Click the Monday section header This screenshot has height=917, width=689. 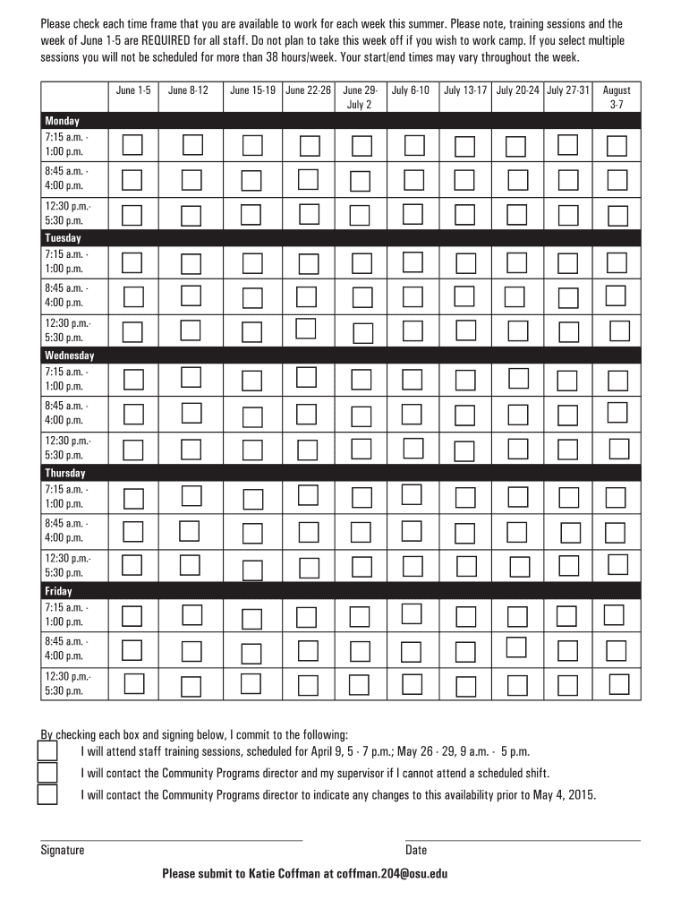63,121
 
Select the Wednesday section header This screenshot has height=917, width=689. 69,356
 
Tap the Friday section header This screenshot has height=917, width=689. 59,591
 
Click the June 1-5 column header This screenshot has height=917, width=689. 133,90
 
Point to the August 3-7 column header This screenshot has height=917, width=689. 617,97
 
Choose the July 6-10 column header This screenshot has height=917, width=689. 411,90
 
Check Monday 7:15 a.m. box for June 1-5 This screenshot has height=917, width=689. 132,144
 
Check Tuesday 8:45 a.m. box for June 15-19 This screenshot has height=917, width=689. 251,296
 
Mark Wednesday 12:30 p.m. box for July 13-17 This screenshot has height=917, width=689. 465,449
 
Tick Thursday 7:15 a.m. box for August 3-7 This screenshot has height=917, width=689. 616,497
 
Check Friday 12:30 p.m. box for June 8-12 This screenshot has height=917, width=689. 191,687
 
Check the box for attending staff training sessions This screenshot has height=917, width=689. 47,750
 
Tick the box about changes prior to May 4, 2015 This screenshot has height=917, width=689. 47,794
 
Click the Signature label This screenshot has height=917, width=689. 63,850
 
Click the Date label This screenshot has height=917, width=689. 416,850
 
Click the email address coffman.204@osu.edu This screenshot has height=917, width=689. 391,874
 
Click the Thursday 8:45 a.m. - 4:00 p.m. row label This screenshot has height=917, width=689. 66,530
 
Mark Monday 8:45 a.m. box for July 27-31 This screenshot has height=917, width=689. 567,180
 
